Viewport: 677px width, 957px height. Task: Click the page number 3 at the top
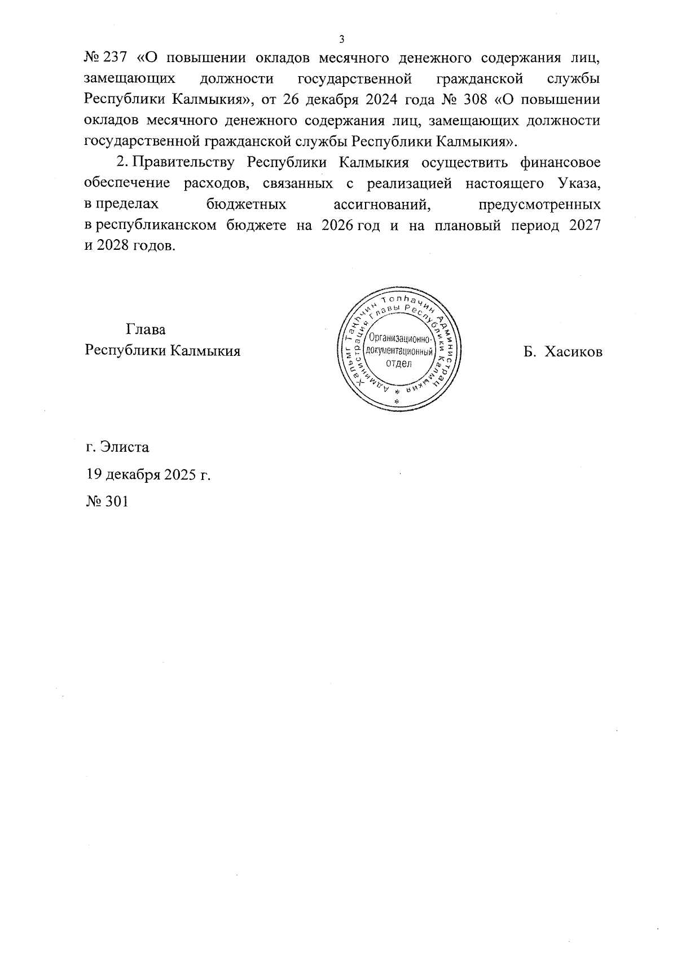[x=341, y=39]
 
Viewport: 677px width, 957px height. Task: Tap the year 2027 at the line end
[x=584, y=225]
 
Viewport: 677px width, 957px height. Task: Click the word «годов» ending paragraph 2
[x=151, y=246]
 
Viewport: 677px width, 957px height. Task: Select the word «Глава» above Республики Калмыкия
[x=146, y=329]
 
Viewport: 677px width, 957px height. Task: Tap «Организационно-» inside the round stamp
[x=399, y=338]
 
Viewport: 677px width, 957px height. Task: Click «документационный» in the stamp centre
[x=399, y=351]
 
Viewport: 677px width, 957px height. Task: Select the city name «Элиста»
[x=125, y=447]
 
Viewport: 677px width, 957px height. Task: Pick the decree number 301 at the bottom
[x=116, y=500]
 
